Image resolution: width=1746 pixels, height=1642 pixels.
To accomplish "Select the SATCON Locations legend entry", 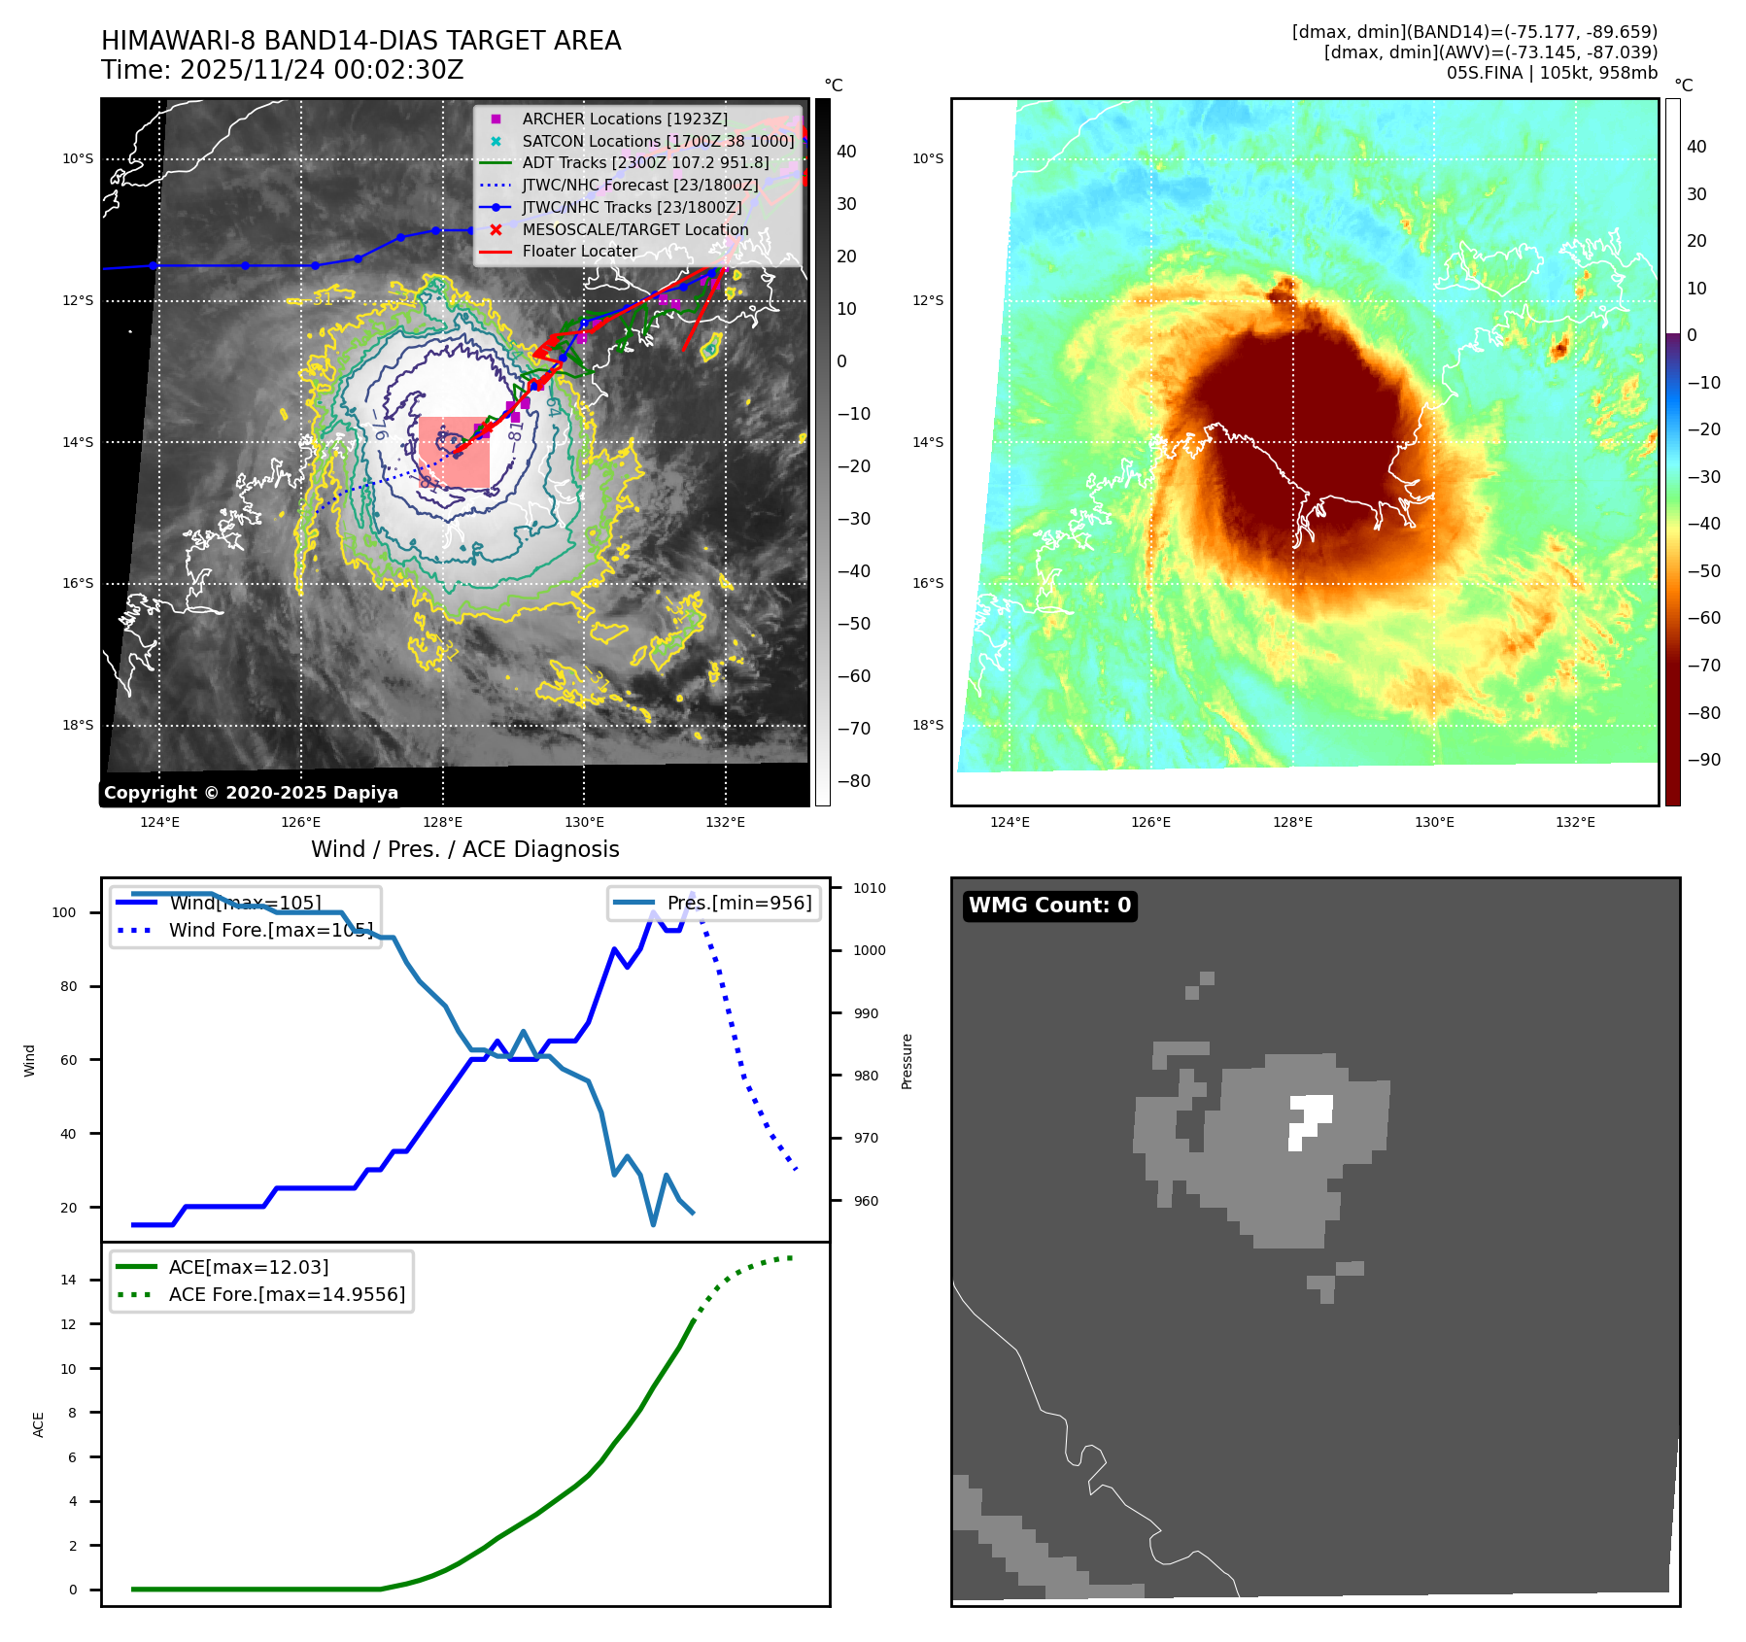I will (x=657, y=141).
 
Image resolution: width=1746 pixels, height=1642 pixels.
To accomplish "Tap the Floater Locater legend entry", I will (x=579, y=251).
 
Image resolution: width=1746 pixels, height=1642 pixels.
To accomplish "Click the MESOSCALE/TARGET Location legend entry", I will (x=634, y=229).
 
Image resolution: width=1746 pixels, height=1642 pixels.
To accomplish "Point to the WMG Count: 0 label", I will (x=1049, y=906).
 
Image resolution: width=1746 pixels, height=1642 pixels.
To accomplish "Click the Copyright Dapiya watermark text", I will (x=251, y=793).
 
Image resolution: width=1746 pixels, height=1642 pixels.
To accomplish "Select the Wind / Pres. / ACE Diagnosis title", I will (x=464, y=849).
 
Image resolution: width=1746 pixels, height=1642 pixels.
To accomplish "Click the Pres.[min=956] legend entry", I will (x=738, y=903).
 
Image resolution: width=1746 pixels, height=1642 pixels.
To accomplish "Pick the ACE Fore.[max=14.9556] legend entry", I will (x=286, y=1294).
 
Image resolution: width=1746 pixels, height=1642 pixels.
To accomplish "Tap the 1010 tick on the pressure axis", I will (x=870, y=888).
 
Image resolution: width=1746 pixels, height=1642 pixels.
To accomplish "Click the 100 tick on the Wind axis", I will (x=64, y=912).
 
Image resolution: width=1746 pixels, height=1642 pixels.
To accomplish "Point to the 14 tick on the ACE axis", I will (x=68, y=1280).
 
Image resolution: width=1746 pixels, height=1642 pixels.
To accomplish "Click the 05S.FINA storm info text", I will (x=1552, y=73).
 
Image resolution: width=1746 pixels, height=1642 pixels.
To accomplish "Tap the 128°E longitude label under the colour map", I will (x=1292, y=822).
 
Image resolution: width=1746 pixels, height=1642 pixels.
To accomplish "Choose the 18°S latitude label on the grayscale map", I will (x=78, y=725).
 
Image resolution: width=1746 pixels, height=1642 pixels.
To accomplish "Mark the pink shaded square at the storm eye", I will (x=454, y=452).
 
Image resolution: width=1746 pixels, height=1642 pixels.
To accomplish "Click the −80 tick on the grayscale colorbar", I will (x=854, y=781).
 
